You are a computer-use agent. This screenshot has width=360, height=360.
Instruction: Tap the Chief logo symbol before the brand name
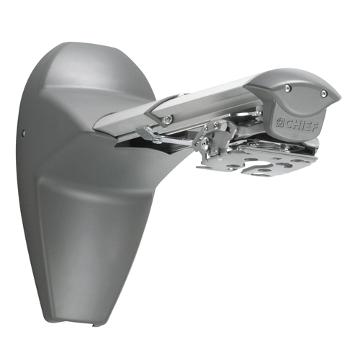coord(279,121)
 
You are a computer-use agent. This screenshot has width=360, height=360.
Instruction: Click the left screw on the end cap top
coord(287,87)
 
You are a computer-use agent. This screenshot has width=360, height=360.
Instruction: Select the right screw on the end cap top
coord(323,92)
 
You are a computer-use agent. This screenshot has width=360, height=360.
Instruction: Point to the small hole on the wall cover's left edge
coord(23,132)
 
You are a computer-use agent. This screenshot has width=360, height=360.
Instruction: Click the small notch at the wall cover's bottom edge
coord(93,325)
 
